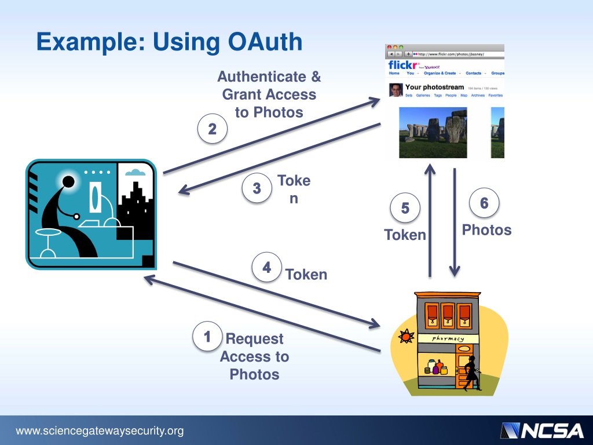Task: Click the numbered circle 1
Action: [207, 337]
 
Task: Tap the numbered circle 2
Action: [212, 130]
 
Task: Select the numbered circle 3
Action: [257, 188]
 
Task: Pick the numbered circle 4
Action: [266, 268]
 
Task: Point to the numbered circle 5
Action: [405, 208]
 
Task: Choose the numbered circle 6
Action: [484, 203]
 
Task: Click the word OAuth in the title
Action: [265, 42]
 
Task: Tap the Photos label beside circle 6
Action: [486, 230]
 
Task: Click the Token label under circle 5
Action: [405, 235]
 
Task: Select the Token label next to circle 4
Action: [306, 274]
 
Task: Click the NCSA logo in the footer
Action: [542, 431]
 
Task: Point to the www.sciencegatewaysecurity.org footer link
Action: [100, 431]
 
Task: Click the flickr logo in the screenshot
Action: [404, 65]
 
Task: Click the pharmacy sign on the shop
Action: [448, 338]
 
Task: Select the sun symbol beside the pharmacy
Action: [406, 335]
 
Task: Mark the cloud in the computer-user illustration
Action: [135, 172]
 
